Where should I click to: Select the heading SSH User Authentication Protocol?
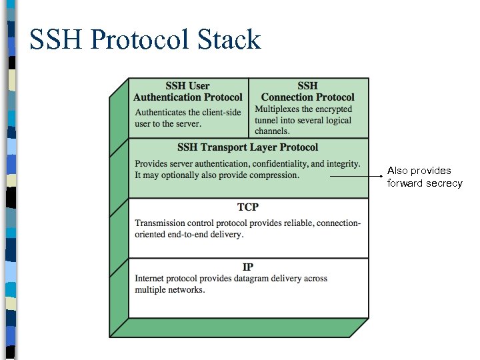click(188, 91)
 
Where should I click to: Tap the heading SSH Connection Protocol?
click(307, 91)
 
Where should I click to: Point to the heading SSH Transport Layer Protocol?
click(247, 147)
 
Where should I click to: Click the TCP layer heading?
click(247, 207)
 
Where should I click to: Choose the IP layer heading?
click(247, 267)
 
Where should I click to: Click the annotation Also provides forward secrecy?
click(424, 177)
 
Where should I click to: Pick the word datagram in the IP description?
click(263, 278)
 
